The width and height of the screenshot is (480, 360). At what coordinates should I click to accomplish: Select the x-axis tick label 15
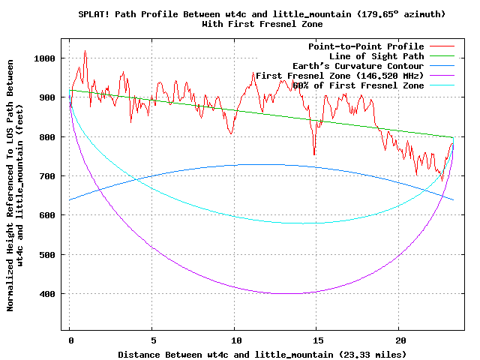317,339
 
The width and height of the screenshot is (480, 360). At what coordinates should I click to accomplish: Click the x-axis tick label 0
70,339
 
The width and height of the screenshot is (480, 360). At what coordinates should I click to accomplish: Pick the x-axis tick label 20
400,339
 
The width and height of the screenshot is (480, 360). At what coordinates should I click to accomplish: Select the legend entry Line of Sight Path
376,56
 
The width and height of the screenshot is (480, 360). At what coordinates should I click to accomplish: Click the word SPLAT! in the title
95,14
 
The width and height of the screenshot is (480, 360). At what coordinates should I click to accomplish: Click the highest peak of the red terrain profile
85,51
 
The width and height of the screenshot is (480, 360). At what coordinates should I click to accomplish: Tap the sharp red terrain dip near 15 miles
314,154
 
